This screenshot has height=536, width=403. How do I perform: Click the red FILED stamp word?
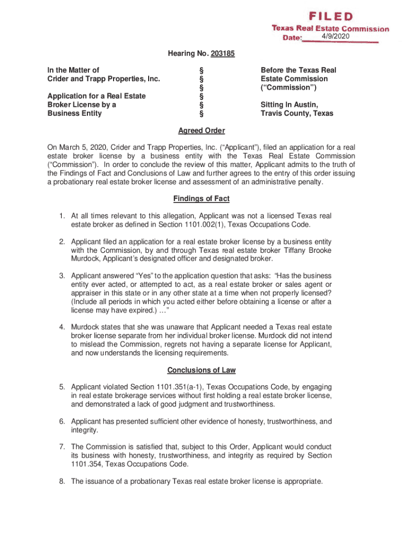coord(330,17)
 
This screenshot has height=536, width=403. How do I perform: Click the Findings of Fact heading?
coord(201,199)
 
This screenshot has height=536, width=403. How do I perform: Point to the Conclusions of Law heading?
coord(201,370)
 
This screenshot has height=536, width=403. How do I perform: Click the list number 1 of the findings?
coord(61,216)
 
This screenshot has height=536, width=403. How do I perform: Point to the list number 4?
coord(61,327)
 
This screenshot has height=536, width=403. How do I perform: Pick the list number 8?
coord(61,482)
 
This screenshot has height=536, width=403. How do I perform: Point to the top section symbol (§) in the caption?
coord(201,70)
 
